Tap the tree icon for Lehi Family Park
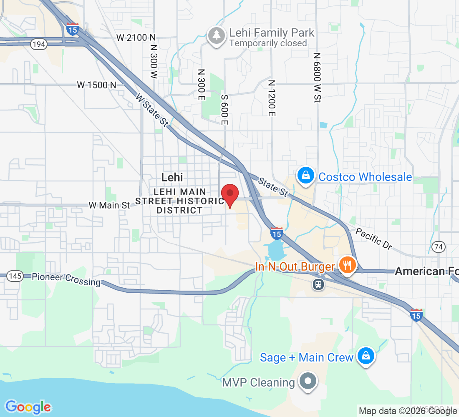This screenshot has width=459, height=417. [x=217, y=36]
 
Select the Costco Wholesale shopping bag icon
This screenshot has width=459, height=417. [x=306, y=176]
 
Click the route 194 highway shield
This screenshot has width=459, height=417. [x=38, y=45]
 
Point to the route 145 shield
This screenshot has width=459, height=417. [x=15, y=276]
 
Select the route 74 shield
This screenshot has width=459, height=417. [x=438, y=247]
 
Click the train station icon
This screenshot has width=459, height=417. [x=318, y=284]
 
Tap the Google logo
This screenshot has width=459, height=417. [x=28, y=407]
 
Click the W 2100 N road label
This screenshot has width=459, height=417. [x=132, y=38]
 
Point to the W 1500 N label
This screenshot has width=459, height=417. [x=96, y=85]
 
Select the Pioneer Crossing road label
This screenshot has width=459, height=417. [x=66, y=279]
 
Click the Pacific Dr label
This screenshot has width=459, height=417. [x=373, y=239]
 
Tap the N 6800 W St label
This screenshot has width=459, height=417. [x=317, y=78]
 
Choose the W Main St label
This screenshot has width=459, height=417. [x=109, y=205]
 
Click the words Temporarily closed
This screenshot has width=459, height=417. [x=268, y=43]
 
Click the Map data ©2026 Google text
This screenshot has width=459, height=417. [x=408, y=411]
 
